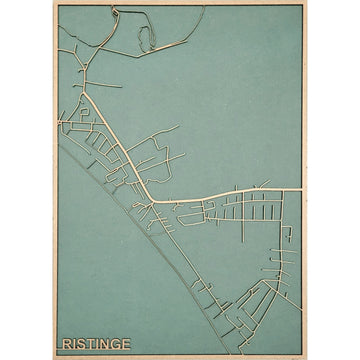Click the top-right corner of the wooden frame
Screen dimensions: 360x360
point(306,2)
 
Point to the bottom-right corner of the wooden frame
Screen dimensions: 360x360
point(306,358)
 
